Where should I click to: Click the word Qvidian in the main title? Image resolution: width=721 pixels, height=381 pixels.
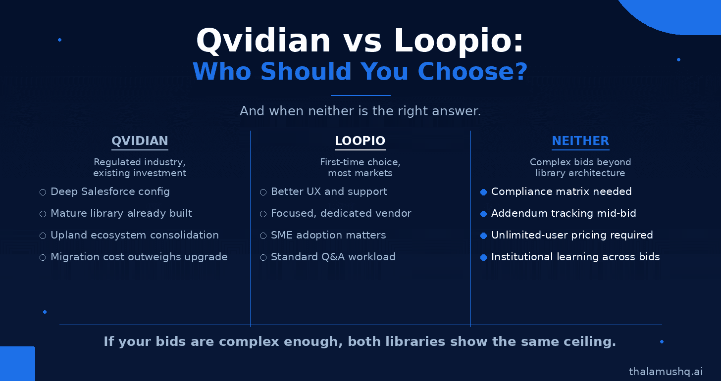(x=263, y=41)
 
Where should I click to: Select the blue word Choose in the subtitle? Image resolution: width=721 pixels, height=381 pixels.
(x=472, y=71)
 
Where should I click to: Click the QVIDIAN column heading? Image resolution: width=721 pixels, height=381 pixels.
(x=140, y=141)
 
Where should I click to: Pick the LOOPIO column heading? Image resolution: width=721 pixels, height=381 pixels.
(x=360, y=141)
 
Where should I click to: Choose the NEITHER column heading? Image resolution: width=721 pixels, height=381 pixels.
(x=580, y=141)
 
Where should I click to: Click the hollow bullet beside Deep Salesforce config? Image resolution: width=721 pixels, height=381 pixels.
(x=43, y=192)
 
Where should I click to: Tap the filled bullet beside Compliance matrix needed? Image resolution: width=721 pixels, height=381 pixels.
(x=483, y=192)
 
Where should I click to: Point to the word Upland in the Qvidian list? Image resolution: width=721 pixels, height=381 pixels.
(x=69, y=236)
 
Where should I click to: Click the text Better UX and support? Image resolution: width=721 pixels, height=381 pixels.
(x=329, y=191)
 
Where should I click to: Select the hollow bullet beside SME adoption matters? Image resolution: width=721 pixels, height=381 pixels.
(x=263, y=236)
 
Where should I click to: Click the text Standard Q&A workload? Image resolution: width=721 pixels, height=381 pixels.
(x=333, y=257)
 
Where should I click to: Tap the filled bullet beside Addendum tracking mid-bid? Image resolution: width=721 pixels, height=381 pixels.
(x=483, y=214)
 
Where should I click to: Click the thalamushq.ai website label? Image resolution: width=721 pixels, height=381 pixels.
(x=666, y=372)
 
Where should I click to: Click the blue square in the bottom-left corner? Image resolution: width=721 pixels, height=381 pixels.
(x=17, y=364)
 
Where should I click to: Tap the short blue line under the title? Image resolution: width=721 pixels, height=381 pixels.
(x=360, y=95)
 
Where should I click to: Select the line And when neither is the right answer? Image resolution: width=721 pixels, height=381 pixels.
(x=360, y=111)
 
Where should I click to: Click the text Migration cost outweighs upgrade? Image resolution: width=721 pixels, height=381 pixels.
(x=139, y=257)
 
